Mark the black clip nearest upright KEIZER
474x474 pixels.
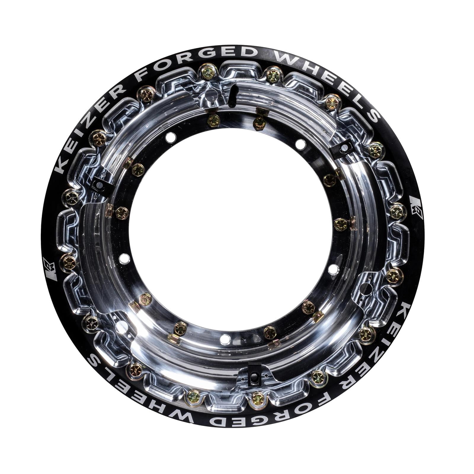99,185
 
